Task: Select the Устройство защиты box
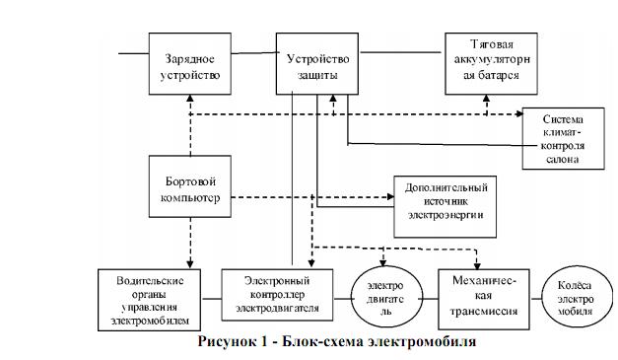click(x=312, y=58)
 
